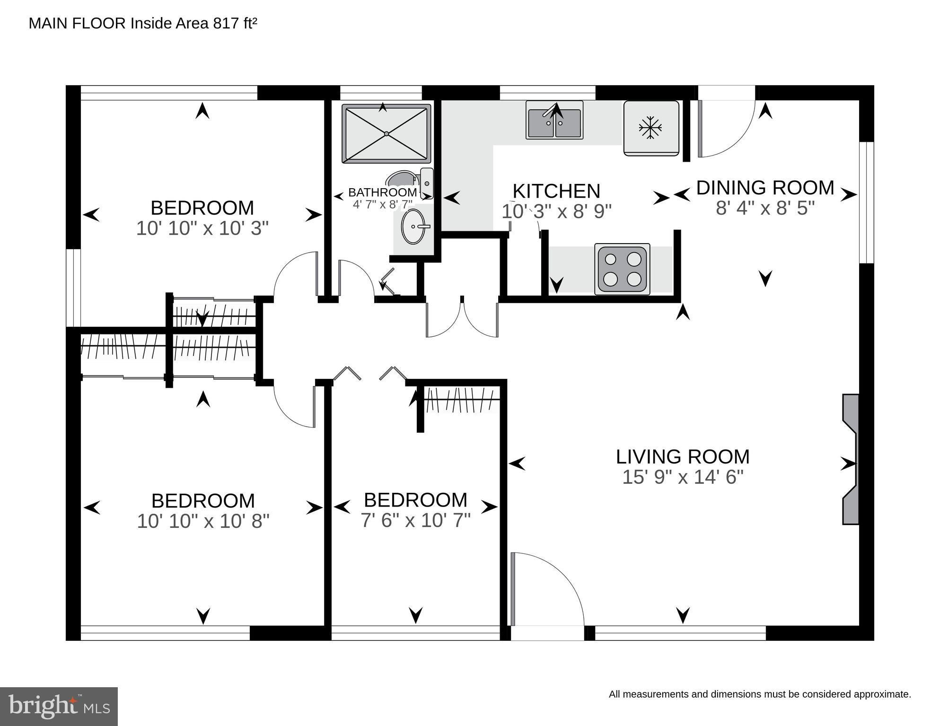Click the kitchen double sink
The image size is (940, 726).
click(554, 121)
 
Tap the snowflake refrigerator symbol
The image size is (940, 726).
click(650, 128)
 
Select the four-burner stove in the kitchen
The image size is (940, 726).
click(622, 269)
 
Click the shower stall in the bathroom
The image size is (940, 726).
click(386, 134)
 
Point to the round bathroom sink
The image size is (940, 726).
click(413, 227)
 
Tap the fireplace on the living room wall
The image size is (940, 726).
click(851, 459)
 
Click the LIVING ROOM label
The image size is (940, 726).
click(683, 457)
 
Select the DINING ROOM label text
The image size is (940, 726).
click(765, 188)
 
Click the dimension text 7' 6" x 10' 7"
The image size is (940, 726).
click(415, 521)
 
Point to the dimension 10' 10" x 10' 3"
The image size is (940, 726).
click(202, 228)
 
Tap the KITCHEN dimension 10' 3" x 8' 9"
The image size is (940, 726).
click(556, 211)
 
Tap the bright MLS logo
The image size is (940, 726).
click(59, 706)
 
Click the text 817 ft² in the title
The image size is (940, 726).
click(235, 23)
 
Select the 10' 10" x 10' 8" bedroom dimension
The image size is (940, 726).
click(203, 521)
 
